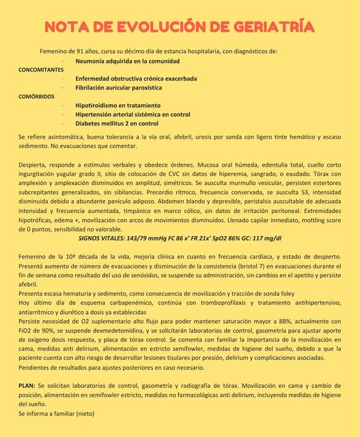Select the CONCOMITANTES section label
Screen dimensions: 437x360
(x=40, y=70)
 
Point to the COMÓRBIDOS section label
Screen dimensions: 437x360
(x=36, y=96)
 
